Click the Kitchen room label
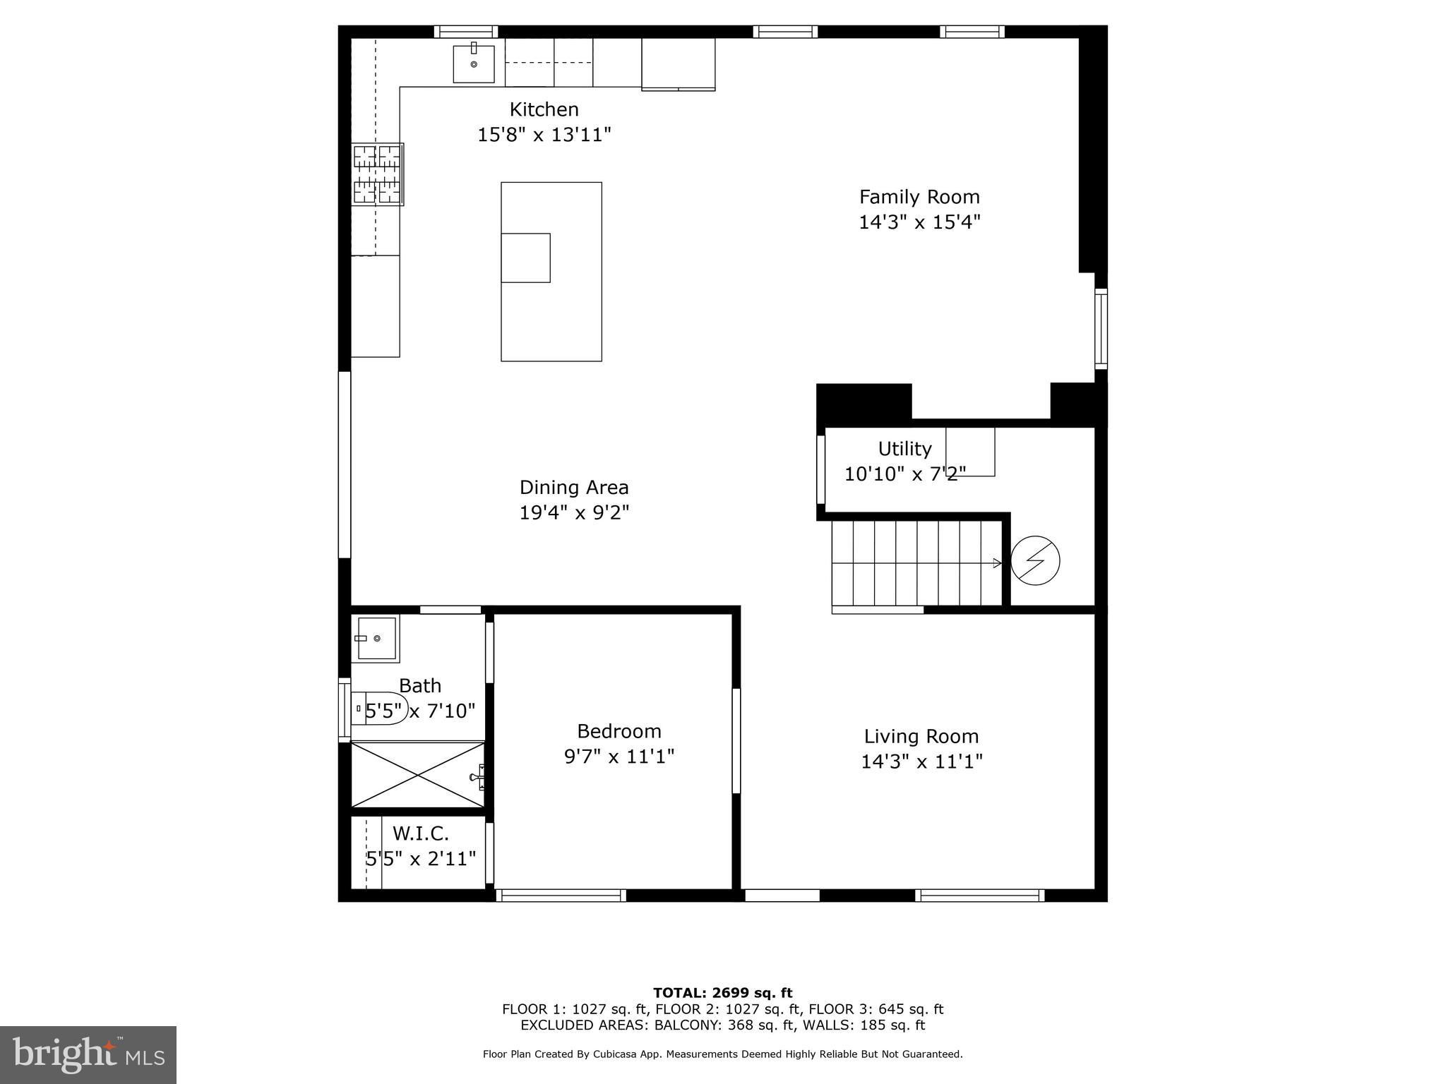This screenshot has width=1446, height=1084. (544, 109)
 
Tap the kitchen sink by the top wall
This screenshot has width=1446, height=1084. (474, 63)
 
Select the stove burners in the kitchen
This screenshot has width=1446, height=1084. (378, 174)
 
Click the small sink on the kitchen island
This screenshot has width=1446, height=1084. (525, 258)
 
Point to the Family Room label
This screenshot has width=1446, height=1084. (919, 197)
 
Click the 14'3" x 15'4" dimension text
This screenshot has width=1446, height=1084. (919, 222)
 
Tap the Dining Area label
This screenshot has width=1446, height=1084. (574, 488)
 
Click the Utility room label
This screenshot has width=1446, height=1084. (904, 449)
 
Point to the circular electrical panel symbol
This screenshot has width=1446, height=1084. (1035, 561)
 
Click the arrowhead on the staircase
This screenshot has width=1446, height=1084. (998, 563)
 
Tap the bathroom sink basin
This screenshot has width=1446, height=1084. (376, 639)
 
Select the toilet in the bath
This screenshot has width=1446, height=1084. (380, 708)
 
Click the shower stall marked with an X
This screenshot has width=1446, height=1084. (419, 774)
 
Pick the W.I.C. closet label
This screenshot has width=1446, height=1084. (421, 833)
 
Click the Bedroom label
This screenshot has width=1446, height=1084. (619, 731)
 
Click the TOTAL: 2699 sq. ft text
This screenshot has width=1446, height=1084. (722, 994)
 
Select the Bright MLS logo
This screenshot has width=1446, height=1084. (88, 1055)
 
